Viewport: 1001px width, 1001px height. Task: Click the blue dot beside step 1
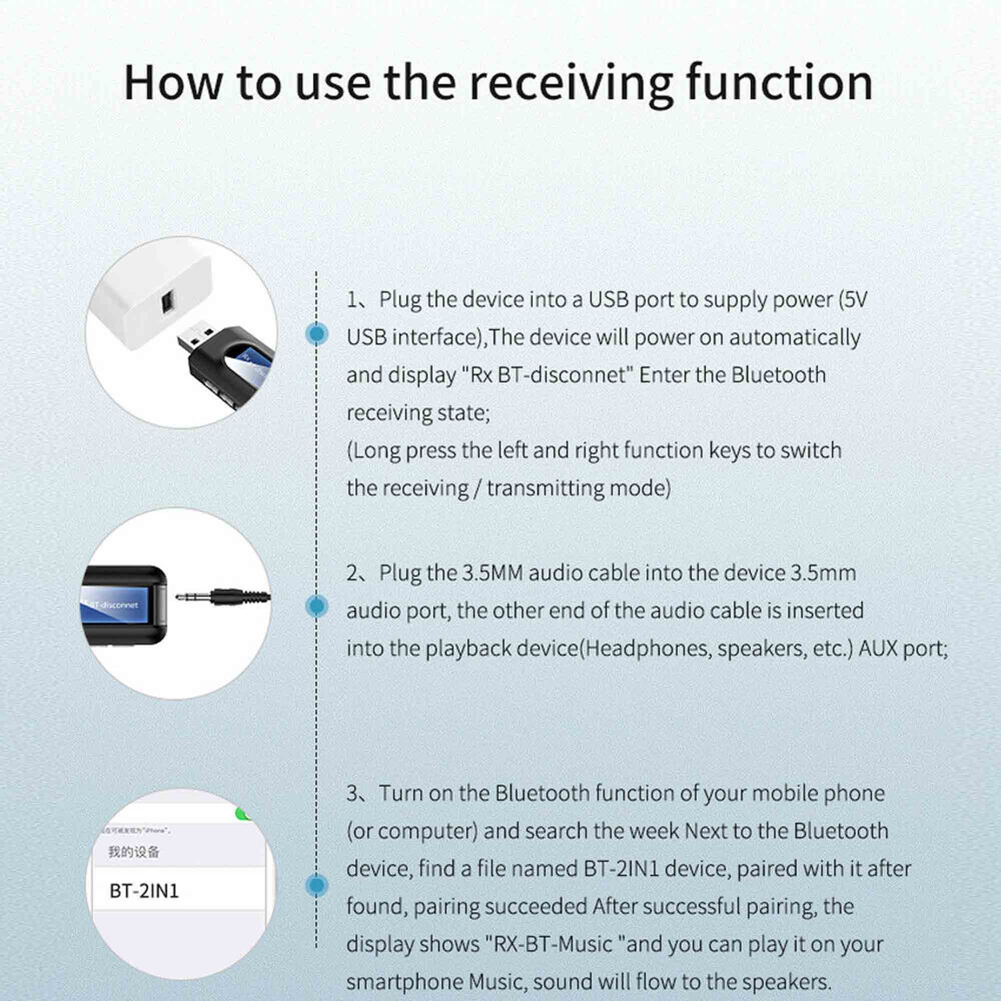coord(317,334)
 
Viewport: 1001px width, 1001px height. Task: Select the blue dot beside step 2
coord(317,606)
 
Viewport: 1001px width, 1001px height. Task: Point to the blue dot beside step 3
coord(317,885)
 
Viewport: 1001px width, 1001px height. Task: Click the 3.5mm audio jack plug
coord(223,597)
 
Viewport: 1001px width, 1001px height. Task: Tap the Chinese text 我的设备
coord(134,852)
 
